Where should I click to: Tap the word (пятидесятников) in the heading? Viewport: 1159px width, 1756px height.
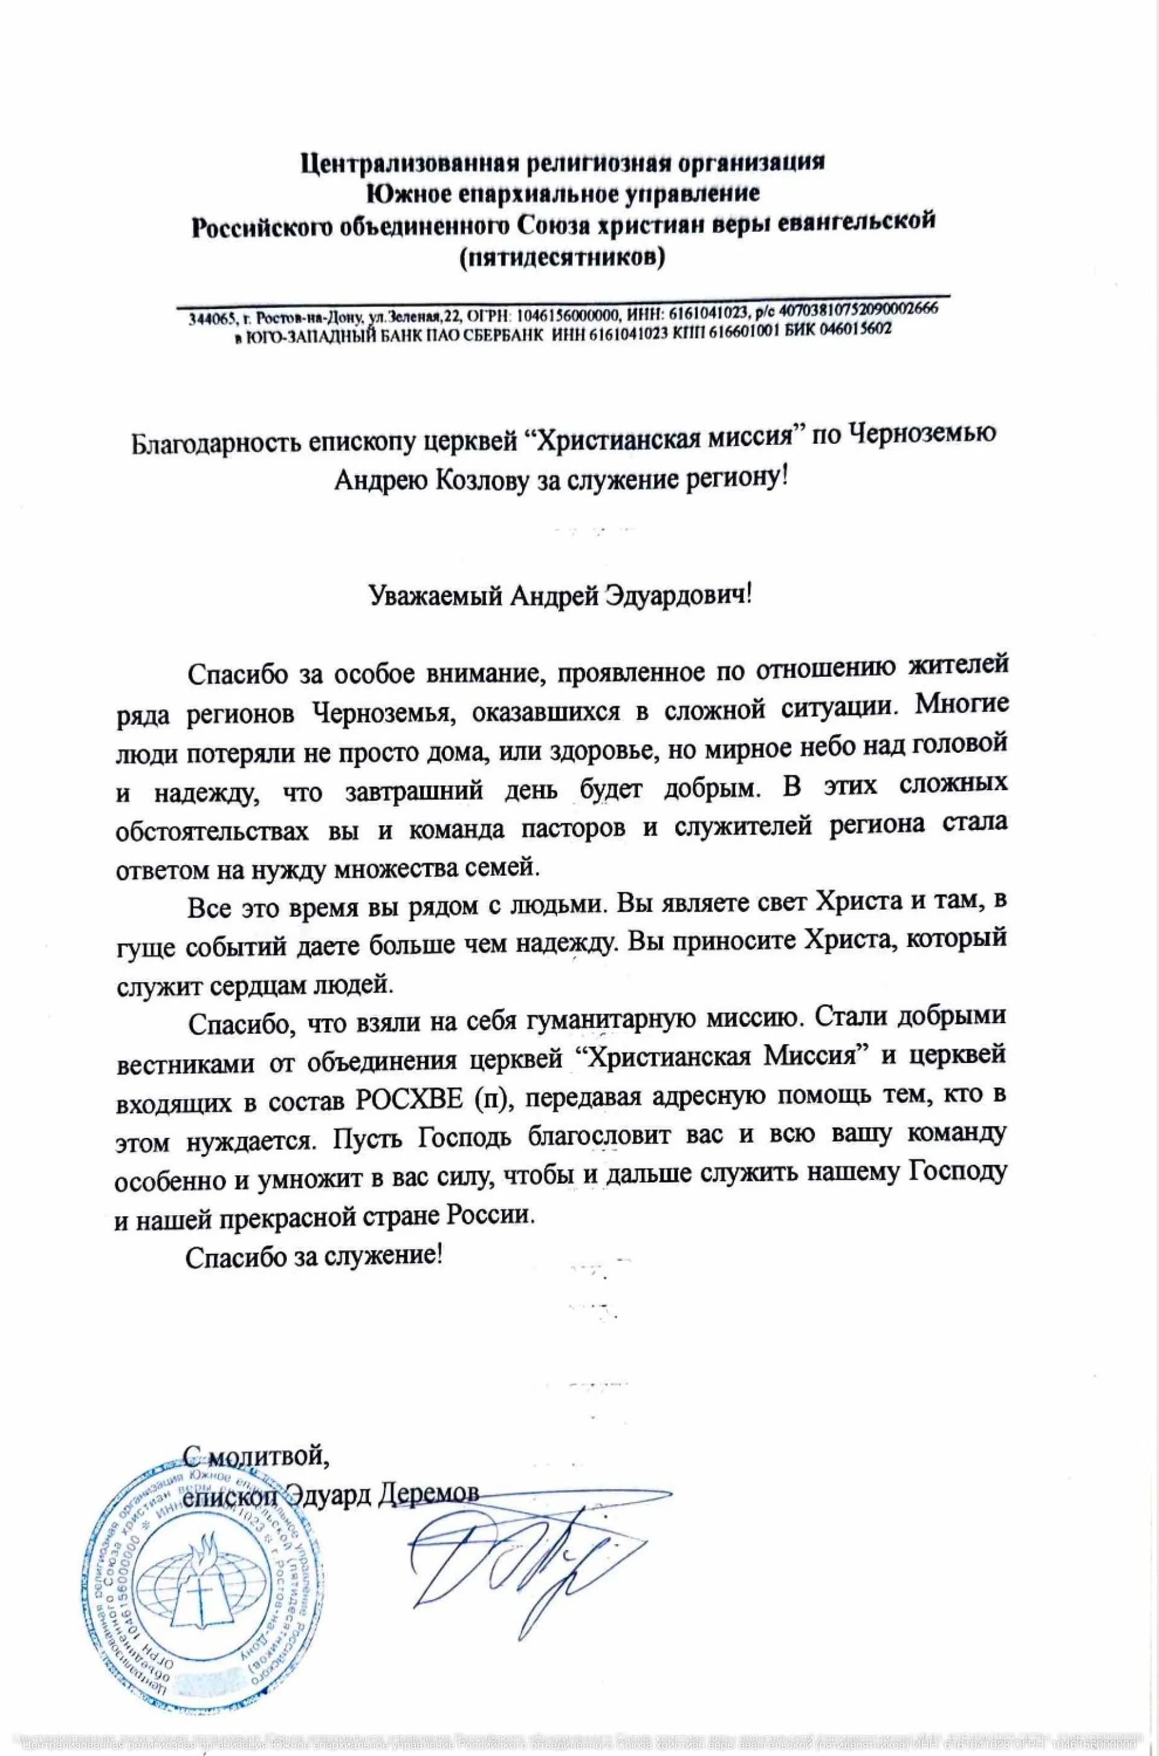(562, 258)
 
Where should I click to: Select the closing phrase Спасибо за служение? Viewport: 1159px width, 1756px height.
(314, 1256)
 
